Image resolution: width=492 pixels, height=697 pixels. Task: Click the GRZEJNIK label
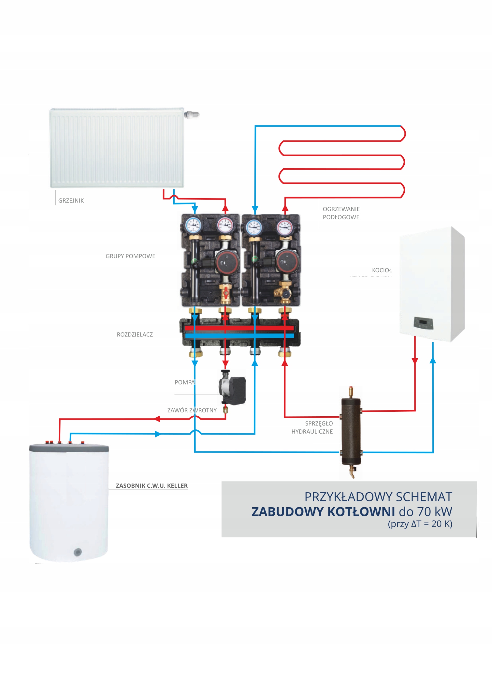pos(71,200)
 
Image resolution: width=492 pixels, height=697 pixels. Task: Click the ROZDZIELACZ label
pos(135,334)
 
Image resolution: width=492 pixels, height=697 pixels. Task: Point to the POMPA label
pos(184,382)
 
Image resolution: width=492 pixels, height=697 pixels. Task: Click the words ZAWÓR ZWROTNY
pos(192,410)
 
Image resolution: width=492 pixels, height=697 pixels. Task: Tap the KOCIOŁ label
pos(382,270)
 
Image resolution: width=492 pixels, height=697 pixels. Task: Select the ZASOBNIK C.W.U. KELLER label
pos(151,485)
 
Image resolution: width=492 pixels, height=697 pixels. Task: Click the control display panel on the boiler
pos(423,323)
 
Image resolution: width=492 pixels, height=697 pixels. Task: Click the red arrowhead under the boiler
pos(415,361)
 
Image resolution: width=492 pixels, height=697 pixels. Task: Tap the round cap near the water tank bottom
pos(78,552)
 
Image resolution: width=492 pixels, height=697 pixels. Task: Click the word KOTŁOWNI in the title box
pos(361,512)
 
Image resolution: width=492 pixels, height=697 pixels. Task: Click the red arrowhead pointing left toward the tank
pos(157,419)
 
